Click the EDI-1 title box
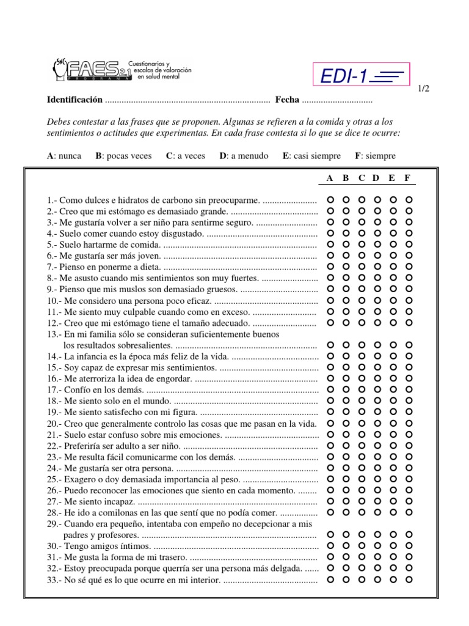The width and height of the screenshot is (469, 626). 361,76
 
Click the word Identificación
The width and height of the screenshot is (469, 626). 75,100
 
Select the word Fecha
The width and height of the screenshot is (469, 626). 287,100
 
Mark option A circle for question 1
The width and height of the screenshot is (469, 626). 330,199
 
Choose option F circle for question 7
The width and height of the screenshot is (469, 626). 409,267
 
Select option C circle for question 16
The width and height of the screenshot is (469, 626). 362,378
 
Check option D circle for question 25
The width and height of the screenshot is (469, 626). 377,479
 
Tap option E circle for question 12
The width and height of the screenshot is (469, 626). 393,322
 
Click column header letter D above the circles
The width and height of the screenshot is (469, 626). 376,178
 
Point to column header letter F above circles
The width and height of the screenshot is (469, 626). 407,178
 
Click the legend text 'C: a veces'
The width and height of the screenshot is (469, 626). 186,156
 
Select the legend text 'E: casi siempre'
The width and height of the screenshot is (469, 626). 312,156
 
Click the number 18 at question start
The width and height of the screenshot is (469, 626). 52,401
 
